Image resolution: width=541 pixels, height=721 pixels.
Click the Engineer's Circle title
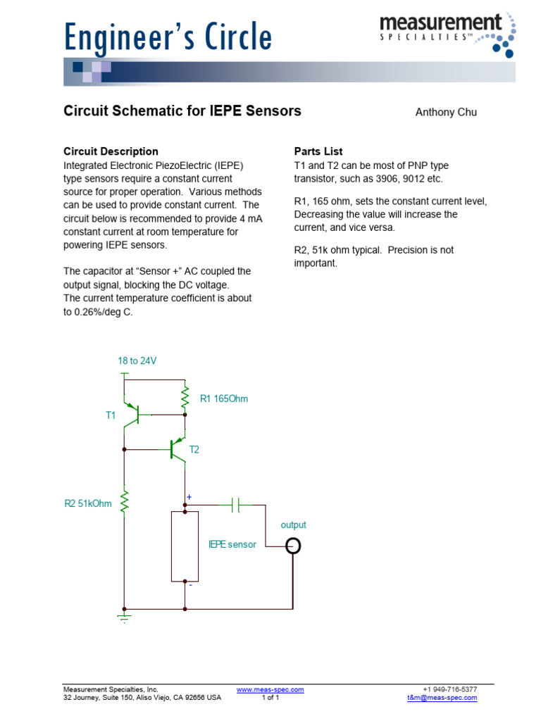168,37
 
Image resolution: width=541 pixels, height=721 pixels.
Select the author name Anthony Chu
446,113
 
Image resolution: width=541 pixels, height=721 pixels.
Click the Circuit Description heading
111,151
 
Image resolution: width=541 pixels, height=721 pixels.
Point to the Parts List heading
318,151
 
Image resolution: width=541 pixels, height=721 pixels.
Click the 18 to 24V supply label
137,360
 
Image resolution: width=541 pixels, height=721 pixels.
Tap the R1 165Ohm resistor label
224,399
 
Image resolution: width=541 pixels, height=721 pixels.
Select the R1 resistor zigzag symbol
185,399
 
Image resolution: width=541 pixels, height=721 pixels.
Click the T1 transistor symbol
133,415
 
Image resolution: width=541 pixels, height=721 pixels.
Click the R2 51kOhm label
88,503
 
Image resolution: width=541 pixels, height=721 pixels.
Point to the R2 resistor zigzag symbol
125,502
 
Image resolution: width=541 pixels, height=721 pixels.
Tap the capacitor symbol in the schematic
237,505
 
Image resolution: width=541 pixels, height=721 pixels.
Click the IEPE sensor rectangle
185,546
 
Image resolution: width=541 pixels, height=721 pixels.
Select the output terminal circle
293,546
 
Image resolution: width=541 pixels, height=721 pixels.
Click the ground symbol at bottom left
125,617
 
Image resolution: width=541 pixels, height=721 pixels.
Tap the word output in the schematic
293,525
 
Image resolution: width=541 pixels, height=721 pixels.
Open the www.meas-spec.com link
270,689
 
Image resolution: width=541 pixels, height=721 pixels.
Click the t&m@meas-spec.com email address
442,698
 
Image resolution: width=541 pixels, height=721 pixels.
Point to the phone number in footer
449,689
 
